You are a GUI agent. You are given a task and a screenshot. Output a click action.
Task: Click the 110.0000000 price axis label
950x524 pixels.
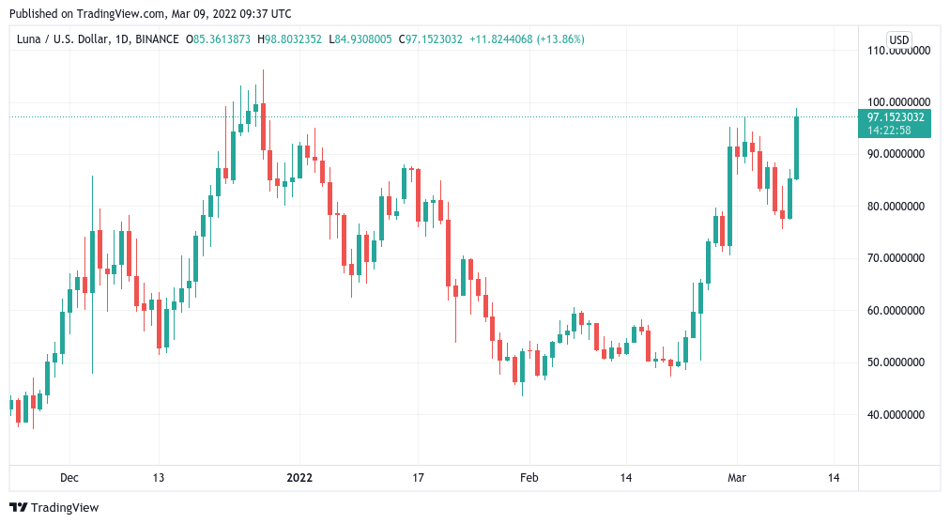[899, 50]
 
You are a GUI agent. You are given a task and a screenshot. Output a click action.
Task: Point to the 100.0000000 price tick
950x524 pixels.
[899, 101]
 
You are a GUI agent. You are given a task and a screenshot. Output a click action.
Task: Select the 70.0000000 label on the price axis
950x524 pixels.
[899, 257]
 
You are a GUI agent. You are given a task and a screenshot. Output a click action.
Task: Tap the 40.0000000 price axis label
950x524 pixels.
[899, 414]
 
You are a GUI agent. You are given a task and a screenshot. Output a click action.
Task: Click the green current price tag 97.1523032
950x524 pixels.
[896, 117]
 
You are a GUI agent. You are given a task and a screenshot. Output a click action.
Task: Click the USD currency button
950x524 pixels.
[899, 39]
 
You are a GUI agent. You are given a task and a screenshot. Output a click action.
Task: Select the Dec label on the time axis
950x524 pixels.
[69, 478]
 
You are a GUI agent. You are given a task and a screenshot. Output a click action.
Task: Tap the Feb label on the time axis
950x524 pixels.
[529, 478]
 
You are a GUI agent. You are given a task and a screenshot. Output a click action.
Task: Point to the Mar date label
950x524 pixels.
[737, 478]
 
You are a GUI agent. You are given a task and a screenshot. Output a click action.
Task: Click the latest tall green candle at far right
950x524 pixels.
[796, 146]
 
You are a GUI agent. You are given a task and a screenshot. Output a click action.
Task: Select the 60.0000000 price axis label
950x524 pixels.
[899, 310]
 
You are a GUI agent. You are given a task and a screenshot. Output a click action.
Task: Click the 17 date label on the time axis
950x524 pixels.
[418, 478]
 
